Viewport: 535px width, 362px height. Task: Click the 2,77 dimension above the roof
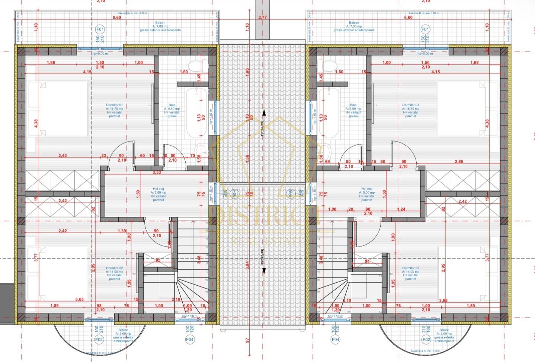262,18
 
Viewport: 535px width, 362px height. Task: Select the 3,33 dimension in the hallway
157,172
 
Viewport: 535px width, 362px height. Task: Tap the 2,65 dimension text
459,162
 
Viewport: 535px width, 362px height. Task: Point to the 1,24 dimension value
401,209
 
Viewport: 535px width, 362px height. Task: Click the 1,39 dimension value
122,231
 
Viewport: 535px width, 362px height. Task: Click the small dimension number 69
327,162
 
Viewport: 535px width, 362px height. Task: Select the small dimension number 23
103,156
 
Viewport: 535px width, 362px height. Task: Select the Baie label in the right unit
353,105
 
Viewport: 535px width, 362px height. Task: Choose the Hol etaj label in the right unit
366,189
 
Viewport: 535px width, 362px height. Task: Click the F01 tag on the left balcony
100,29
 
